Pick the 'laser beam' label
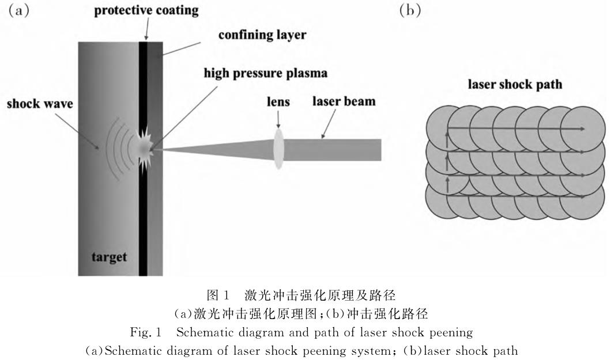(345, 101)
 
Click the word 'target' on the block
(110, 256)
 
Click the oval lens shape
(279, 149)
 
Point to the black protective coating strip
(142, 219)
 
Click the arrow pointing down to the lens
(279, 118)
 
